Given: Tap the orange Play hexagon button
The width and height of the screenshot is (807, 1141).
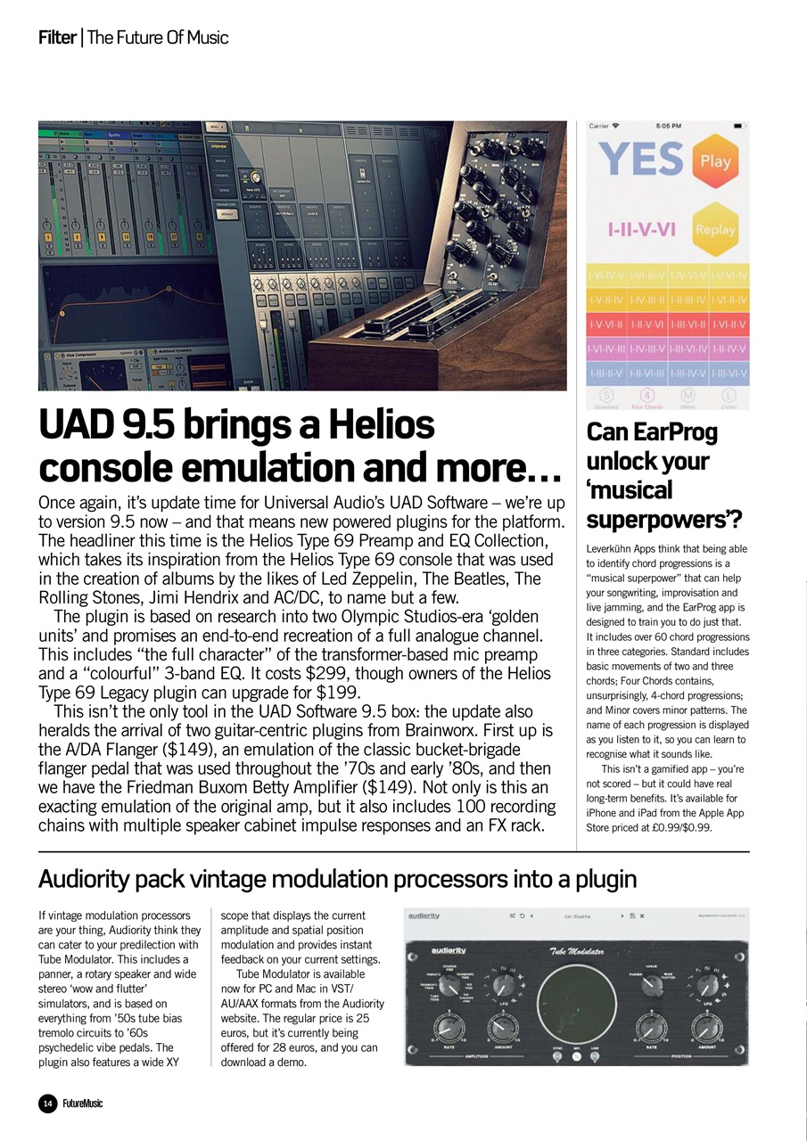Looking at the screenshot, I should [715, 161].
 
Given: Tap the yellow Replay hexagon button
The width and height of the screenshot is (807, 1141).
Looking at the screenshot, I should [715, 230].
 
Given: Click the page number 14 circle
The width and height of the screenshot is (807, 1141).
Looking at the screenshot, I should [47, 1104].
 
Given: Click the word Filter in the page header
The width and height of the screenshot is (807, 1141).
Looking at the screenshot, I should [56, 37].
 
